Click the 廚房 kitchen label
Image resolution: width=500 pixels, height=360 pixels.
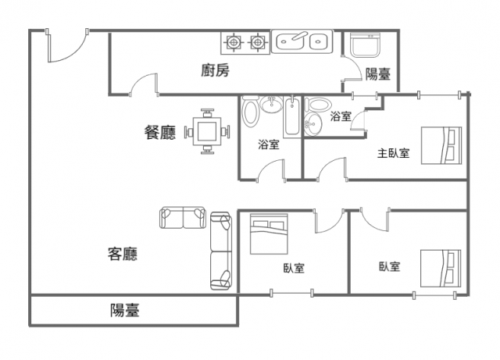(x=216, y=70)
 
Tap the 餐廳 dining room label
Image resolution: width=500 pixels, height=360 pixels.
(x=160, y=132)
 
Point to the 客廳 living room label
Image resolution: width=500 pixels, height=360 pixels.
(x=123, y=254)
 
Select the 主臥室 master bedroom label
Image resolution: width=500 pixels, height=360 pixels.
(x=393, y=153)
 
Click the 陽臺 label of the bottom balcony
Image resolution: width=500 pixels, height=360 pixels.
(x=125, y=310)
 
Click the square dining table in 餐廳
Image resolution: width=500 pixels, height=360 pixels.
(x=207, y=131)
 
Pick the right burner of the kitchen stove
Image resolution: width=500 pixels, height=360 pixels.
(x=257, y=41)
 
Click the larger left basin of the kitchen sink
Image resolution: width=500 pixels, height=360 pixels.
(x=290, y=41)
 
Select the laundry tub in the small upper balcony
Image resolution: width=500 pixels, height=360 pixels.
(x=365, y=45)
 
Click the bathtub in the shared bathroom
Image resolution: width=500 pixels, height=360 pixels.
(x=292, y=116)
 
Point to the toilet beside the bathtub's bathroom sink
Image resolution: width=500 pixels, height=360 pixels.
(x=250, y=112)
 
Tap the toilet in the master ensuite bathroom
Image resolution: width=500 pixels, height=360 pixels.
(x=319, y=105)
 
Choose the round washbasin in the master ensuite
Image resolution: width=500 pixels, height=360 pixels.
(x=312, y=123)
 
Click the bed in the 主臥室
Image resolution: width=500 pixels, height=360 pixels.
(x=441, y=145)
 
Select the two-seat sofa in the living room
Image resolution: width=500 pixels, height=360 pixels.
(x=183, y=217)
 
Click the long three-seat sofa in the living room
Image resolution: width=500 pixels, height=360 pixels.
(x=220, y=251)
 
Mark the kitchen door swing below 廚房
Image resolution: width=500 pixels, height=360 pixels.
(x=144, y=84)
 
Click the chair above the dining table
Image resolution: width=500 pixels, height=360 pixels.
(x=207, y=113)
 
